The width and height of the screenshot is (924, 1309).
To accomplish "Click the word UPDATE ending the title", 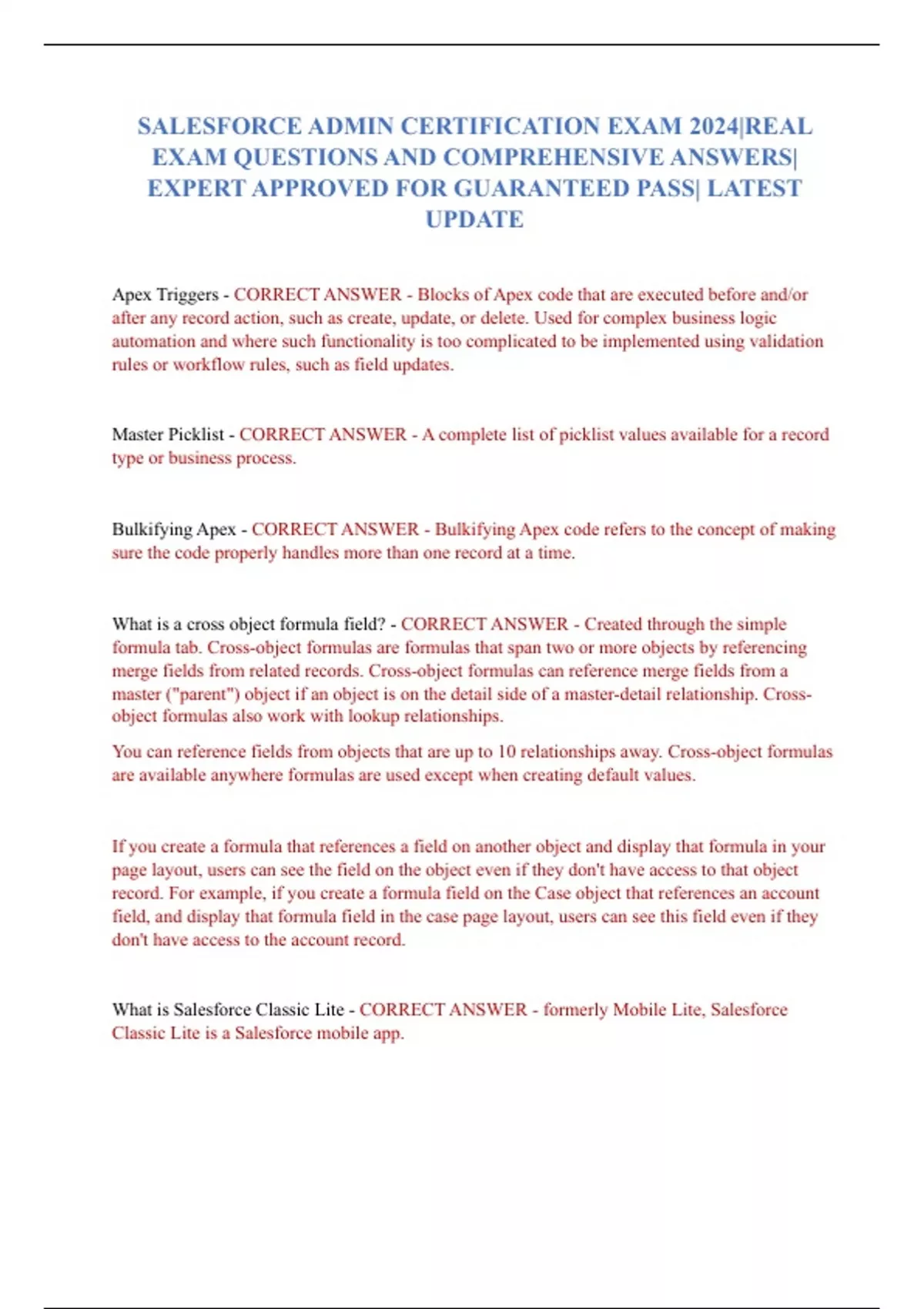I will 474,219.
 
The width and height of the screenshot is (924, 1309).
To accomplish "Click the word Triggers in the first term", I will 187,295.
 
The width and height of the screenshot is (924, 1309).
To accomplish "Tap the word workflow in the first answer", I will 208,365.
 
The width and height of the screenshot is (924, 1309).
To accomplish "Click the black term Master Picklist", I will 168,434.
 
